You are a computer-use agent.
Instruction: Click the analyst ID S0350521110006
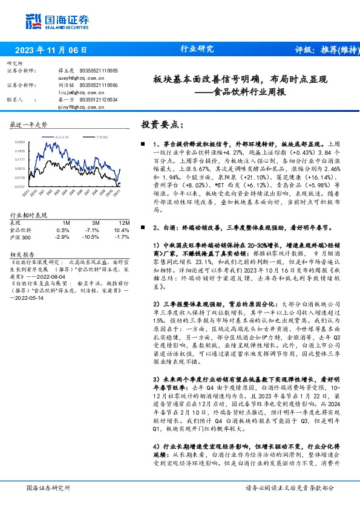(x=100, y=85)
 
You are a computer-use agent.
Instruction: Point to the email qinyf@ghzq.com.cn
(x=77, y=107)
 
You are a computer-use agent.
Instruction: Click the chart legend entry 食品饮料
(x=62, y=138)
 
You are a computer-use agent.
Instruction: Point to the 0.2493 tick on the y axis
(x=20, y=142)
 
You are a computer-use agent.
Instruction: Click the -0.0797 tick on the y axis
(x=20, y=187)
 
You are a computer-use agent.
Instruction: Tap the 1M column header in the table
(x=66, y=223)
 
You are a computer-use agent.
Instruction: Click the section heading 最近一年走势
(x=29, y=125)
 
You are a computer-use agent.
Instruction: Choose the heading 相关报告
(x=24, y=254)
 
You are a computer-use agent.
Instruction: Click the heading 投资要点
(x=162, y=125)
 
